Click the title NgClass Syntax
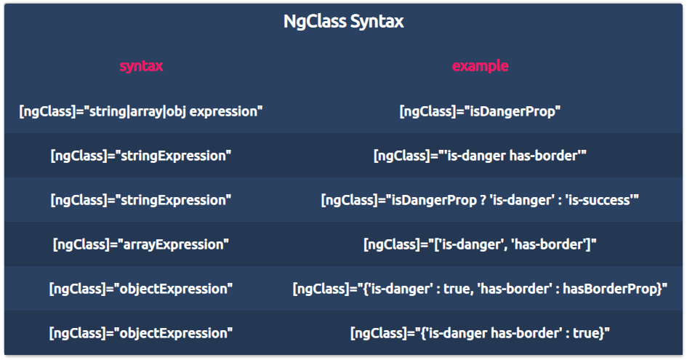pos(343,22)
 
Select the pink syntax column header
pos(141,66)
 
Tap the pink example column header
pos(481,65)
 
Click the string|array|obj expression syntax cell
pos(141,111)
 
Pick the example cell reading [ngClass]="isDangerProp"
pos(481,111)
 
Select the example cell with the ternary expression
pos(481,201)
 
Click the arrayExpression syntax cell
pos(141,244)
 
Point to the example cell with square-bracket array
pos(481,244)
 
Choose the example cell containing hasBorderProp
pos(481,289)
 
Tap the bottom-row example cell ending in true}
pos(481,333)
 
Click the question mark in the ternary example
pos(483,201)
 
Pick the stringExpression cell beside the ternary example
pos(141,201)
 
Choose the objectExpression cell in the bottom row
pos(141,333)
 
